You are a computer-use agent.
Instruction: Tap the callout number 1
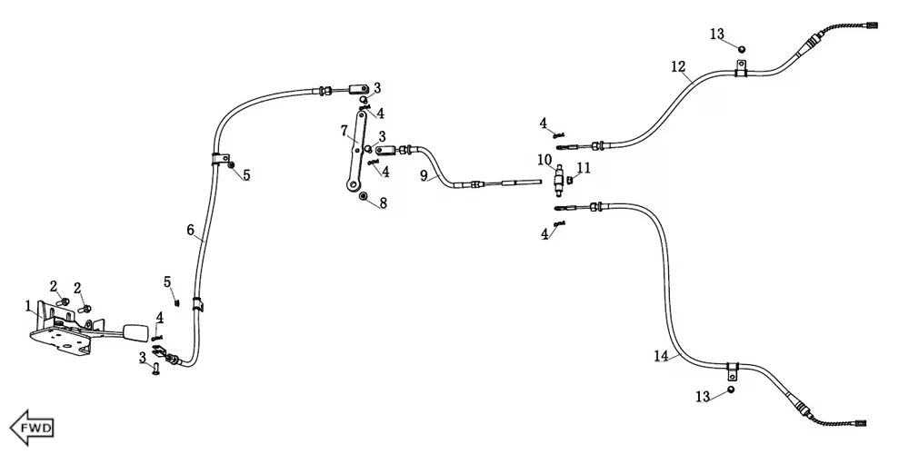pos(28,305)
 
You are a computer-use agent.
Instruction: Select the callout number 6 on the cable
pos(191,231)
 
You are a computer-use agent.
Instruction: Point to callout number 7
pos(345,130)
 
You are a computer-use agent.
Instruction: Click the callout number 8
pos(383,203)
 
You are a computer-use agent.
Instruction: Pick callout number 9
pos(424,174)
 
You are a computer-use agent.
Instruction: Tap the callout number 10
pos(544,160)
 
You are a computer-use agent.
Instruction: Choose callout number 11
pos(584,167)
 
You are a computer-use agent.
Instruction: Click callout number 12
pos(678,66)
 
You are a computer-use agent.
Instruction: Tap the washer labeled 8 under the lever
pos(363,196)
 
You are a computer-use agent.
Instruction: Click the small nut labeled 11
pos(570,180)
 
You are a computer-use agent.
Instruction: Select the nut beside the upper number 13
pos(742,48)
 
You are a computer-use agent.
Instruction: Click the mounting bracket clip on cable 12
pos(742,68)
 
